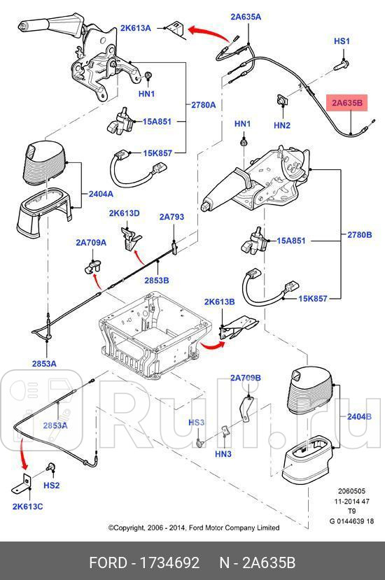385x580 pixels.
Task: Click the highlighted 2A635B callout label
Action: [348, 104]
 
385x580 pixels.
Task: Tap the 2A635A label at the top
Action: [246, 16]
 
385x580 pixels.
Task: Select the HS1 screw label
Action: [342, 42]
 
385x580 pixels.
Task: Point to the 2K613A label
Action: [135, 29]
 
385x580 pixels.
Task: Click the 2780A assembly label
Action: [204, 104]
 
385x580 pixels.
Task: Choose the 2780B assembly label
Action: [359, 234]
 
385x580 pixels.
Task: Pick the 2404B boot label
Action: [359, 417]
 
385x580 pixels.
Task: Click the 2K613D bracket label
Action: [124, 213]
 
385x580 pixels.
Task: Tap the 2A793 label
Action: [171, 217]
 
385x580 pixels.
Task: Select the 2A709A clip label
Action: [91, 243]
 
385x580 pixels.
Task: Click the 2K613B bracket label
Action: [219, 302]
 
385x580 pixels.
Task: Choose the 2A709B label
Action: [245, 378]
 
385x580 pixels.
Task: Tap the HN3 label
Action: [223, 454]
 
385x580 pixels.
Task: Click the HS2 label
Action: [52, 485]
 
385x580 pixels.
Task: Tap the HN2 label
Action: [282, 126]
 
